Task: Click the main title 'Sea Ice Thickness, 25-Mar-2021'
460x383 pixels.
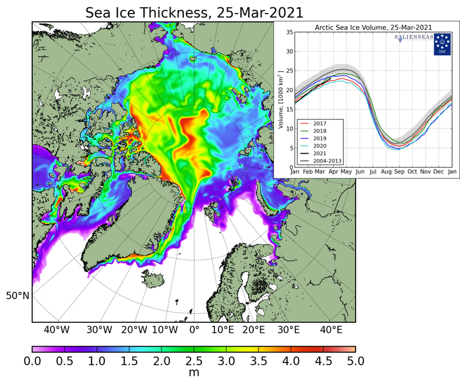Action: click(x=194, y=12)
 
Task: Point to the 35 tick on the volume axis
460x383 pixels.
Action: click(x=289, y=33)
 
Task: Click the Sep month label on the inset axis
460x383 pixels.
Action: click(x=399, y=172)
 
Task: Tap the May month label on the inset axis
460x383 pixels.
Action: click(x=347, y=172)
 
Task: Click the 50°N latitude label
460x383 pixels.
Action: click(x=18, y=296)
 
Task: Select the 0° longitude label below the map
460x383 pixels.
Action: click(x=194, y=330)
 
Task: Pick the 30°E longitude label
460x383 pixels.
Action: click(x=289, y=330)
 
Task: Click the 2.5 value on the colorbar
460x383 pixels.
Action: click(x=194, y=362)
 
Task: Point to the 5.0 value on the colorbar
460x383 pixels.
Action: click(x=355, y=362)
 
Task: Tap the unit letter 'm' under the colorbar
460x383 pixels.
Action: click(x=194, y=373)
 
